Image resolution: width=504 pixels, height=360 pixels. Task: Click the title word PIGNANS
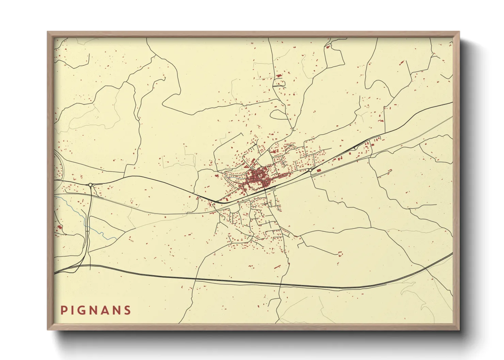pyautogui.click(x=96, y=310)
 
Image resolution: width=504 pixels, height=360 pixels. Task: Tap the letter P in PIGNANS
pyautogui.click(x=63, y=310)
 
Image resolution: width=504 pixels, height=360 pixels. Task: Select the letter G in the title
pyautogui.click(x=83, y=310)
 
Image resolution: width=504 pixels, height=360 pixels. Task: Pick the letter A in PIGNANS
pyautogui.click(x=105, y=310)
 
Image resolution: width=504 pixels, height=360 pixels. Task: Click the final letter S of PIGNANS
pyautogui.click(x=127, y=310)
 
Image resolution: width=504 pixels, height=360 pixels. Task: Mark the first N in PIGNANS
pyautogui.click(x=94, y=310)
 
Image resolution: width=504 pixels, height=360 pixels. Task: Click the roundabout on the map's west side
pyautogui.click(x=91, y=185)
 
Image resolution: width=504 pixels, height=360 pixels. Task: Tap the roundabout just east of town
pyautogui.click(x=310, y=170)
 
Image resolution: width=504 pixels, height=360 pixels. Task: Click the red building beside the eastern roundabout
pyautogui.click(x=319, y=170)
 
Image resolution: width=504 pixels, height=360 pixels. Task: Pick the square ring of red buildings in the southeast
pyautogui.click(x=340, y=253)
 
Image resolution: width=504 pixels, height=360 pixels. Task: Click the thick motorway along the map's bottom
pyautogui.click(x=238, y=281)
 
